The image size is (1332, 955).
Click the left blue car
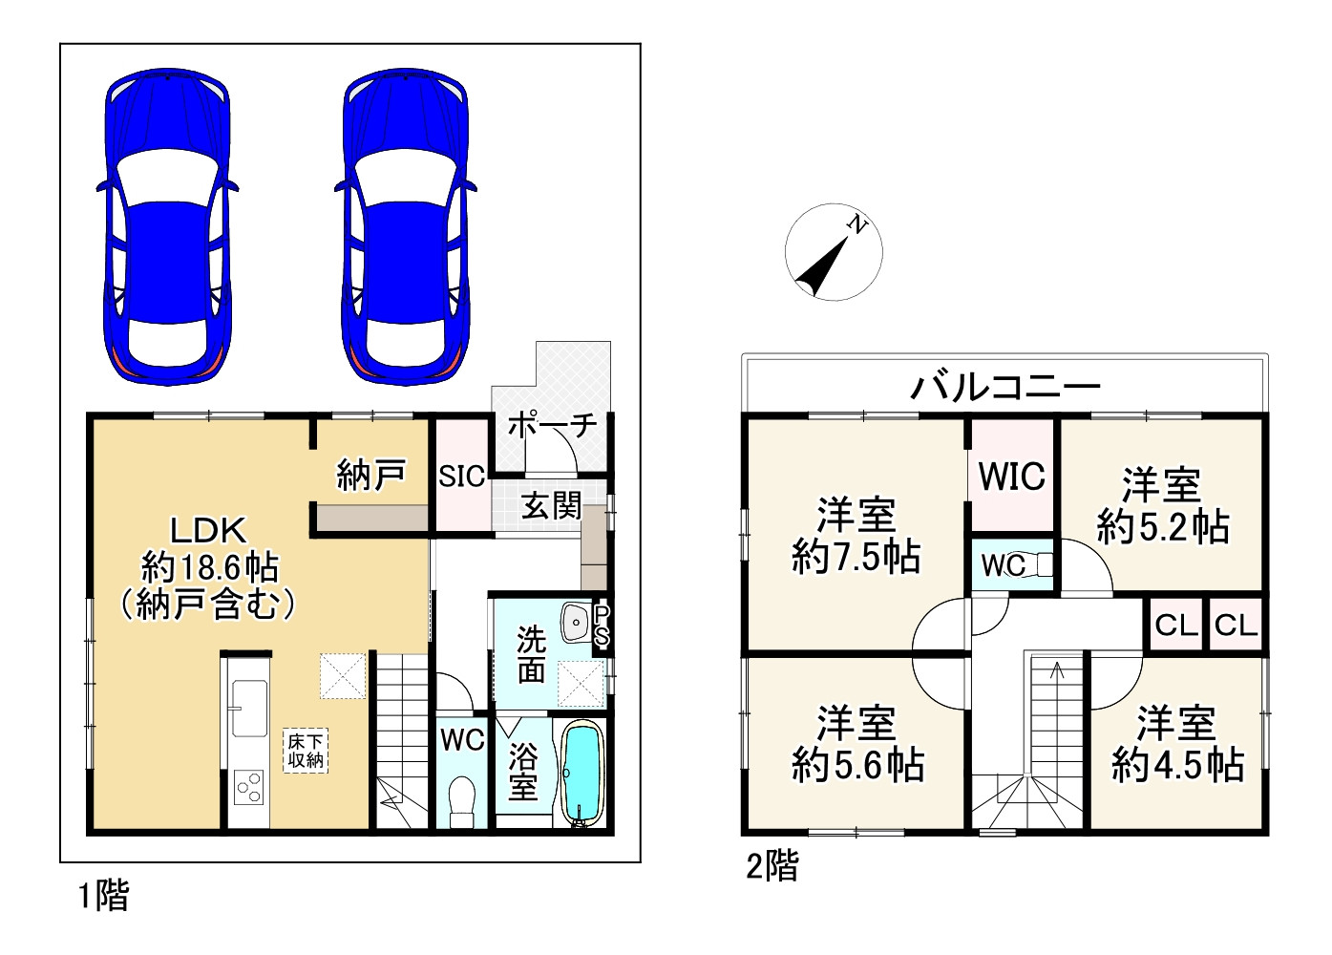167,226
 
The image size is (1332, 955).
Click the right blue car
405,226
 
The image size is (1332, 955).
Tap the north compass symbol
833,252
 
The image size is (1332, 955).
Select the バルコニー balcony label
1005,388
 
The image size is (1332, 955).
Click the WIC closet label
1011,476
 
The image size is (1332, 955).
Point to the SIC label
462,477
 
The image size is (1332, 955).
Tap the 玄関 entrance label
551,507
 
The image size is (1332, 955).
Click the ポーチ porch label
553,426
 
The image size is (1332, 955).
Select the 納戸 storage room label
371,476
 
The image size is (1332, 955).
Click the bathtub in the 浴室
582,774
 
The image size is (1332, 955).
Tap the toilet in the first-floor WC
461,801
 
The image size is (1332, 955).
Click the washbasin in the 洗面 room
576,622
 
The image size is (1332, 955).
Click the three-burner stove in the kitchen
249,787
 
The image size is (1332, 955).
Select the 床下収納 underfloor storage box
306,751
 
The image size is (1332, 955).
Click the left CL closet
1176,625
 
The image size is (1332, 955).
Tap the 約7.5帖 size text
856,557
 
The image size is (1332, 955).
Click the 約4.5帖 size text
1178,765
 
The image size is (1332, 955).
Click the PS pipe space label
602,626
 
